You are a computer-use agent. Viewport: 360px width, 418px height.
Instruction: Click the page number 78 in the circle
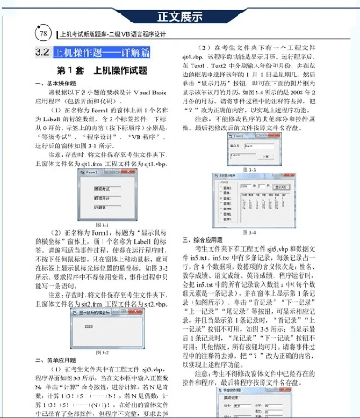[x=19, y=33]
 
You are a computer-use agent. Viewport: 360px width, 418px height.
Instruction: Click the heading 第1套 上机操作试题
[x=94, y=71]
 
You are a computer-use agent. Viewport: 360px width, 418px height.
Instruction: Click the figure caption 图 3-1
[x=93, y=223]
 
